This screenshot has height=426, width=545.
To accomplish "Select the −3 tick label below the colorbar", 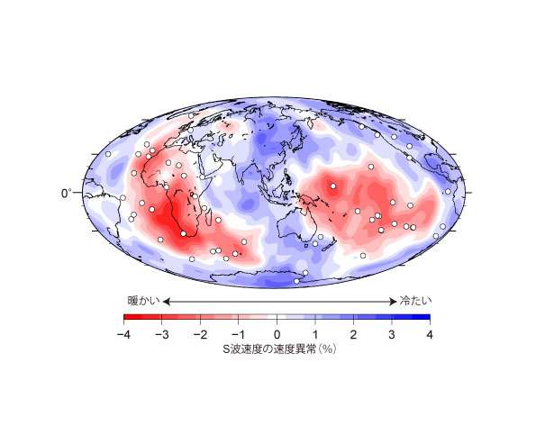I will click(161, 334).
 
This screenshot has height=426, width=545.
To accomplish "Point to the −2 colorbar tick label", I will click(200, 334).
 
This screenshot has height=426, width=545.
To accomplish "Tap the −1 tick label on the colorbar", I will click(238, 334).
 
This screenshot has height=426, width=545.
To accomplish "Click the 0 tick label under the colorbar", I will click(277, 334).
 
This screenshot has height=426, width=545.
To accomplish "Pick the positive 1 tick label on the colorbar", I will click(315, 334).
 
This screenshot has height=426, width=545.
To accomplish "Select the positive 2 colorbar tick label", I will click(353, 334).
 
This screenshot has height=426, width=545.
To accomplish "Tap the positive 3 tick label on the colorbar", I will click(392, 334).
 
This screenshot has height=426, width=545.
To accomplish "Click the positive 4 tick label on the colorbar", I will click(430, 334).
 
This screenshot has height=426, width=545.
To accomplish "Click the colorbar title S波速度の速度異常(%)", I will click(277, 349).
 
